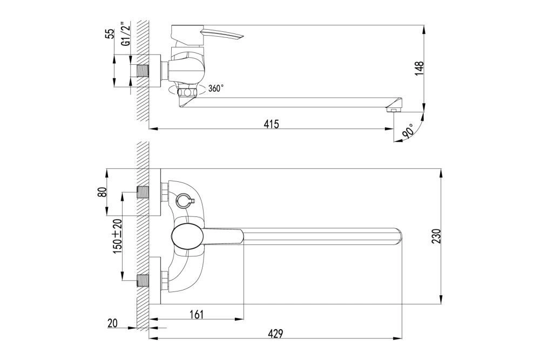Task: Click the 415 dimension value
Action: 271,124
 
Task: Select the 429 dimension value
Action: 275,334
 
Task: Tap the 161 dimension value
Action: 197,314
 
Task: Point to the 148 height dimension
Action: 419,69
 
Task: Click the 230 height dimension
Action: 436,236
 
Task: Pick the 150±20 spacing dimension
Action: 117,236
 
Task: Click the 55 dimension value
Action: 110,33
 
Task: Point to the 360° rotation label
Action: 215,89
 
